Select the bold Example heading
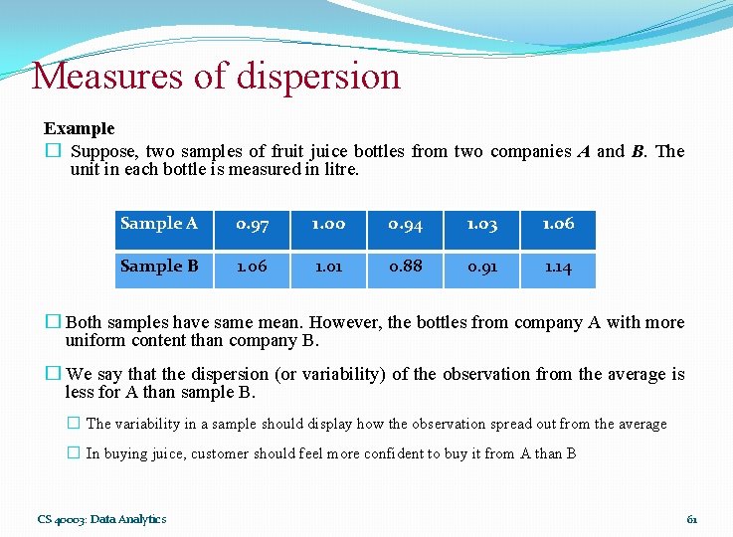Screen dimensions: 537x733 (x=79, y=128)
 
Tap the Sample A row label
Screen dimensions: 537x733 (x=158, y=224)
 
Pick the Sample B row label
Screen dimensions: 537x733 (x=158, y=267)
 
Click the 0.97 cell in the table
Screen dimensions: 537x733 (x=252, y=225)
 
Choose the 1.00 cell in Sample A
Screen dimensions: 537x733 (x=328, y=225)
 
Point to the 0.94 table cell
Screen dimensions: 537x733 (x=405, y=225)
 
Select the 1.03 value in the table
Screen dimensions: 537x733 (x=481, y=225)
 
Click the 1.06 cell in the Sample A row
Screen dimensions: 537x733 (x=558, y=225)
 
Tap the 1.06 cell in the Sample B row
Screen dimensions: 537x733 (x=252, y=268)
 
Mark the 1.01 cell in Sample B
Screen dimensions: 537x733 (x=328, y=268)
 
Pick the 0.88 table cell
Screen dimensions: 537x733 (x=405, y=268)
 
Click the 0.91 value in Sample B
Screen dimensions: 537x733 (x=481, y=268)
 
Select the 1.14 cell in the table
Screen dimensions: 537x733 (x=558, y=268)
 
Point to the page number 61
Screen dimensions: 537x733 (x=692, y=519)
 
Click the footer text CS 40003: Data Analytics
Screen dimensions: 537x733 (x=101, y=518)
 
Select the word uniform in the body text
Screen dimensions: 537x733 (x=92, y=341)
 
